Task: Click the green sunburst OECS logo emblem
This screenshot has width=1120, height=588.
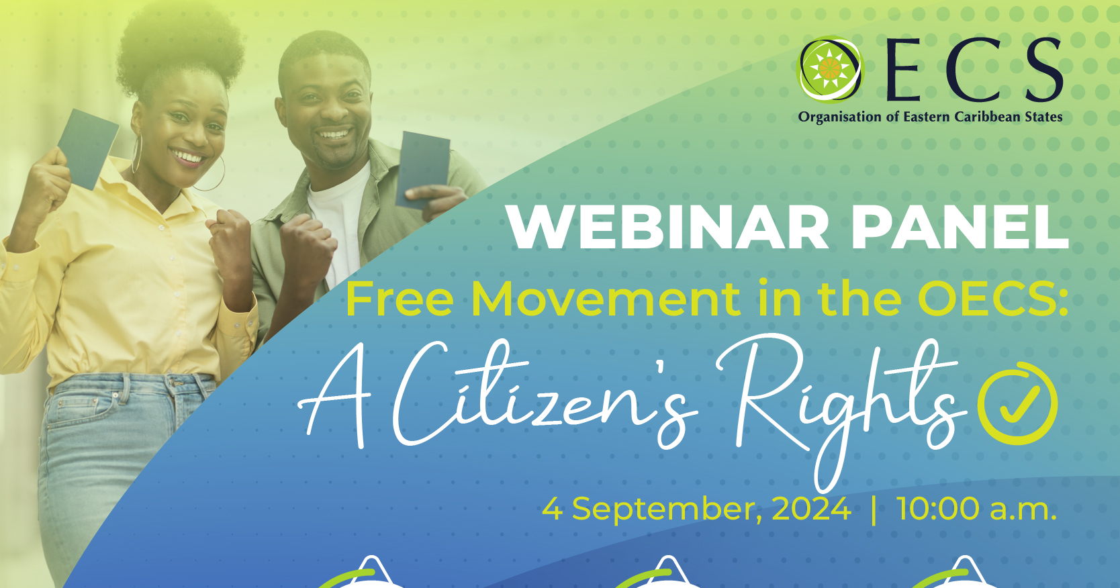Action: tap(829, 68)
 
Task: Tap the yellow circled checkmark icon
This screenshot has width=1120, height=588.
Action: tap(1017, 403)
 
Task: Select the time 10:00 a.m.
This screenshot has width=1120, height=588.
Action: tap(976, 509)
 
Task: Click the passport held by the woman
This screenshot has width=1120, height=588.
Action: tap(87, 148)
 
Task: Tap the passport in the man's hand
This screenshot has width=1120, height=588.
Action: tap(422, 168)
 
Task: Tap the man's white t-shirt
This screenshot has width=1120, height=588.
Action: tap(339, 215)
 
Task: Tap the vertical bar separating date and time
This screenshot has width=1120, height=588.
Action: tap(873, 509)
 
